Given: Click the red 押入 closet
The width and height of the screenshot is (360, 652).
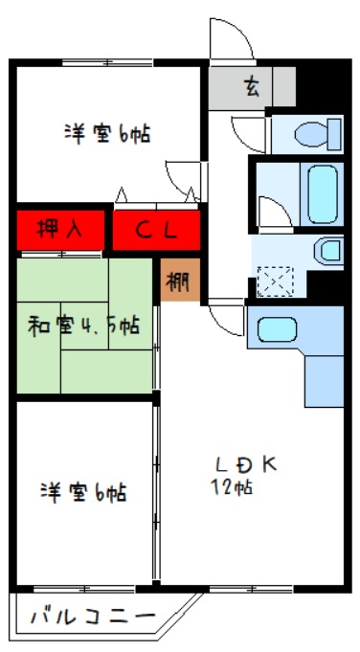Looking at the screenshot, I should (x=58, y=229).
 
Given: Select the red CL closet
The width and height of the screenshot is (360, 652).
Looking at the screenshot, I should (x=156, y=229).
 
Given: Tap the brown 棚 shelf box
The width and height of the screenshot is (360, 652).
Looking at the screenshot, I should (x=178, y=281).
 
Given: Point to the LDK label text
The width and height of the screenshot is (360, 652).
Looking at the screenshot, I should (x=246, y=464).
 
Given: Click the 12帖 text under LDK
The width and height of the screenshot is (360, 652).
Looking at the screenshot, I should (x=233, y=487).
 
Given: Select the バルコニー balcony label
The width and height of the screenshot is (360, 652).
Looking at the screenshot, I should (x=93, y=616).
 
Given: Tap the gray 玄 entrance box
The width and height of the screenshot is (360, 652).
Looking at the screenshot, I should (x=251, y=87).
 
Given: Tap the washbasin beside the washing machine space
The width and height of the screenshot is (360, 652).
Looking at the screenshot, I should (x=328, y=252).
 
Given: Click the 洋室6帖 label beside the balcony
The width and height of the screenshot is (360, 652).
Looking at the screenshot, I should (x=83, y=493).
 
